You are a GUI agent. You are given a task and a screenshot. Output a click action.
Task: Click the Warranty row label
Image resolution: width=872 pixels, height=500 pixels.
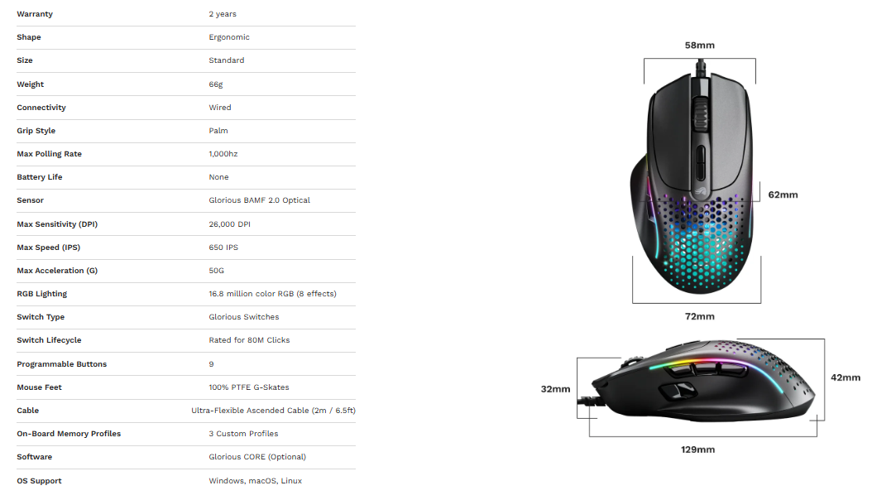pos(35,14)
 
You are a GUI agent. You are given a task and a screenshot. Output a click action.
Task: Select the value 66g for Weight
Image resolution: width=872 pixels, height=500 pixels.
pos(216,84)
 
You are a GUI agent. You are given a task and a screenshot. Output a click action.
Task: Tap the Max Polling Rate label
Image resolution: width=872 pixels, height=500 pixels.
pos(49,154)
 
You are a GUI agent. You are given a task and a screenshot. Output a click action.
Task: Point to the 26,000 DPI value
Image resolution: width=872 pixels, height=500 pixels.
pos(230,224)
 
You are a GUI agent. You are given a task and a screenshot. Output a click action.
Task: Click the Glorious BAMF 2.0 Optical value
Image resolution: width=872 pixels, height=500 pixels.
pos(259,200)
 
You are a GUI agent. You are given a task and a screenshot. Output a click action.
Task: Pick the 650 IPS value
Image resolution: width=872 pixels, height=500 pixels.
pos(223,248)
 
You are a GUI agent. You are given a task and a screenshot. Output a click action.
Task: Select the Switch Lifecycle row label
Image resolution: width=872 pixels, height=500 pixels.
pos(49,340)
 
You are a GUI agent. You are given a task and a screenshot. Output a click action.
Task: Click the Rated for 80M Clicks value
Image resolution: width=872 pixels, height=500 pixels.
pos(249,340)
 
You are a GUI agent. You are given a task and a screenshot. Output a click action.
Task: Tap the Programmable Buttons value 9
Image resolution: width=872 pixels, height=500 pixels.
pos(211,364)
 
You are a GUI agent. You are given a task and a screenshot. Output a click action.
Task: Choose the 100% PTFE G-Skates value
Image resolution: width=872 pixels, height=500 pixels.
pos(249,387)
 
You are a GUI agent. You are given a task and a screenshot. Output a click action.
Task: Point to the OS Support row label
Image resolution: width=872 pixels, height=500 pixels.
pos(39,481)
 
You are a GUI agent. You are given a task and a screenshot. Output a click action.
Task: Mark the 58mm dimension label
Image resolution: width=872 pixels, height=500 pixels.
pos(700,46)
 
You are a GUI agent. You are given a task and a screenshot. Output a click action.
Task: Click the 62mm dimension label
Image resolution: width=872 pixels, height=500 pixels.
pos(783,195)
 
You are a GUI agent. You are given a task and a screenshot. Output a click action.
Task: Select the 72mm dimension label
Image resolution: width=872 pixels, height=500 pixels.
pos(700,316)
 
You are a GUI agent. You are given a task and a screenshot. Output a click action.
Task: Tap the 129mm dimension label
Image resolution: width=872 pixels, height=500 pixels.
pos(698,450)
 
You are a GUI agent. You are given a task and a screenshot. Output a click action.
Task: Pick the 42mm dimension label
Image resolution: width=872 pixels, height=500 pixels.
pos(846,377)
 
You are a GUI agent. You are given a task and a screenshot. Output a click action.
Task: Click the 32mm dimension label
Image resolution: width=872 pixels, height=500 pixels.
pos(556,389)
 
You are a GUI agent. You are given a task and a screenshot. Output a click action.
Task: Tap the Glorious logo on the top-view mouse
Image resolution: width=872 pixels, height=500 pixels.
pos(700,191)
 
